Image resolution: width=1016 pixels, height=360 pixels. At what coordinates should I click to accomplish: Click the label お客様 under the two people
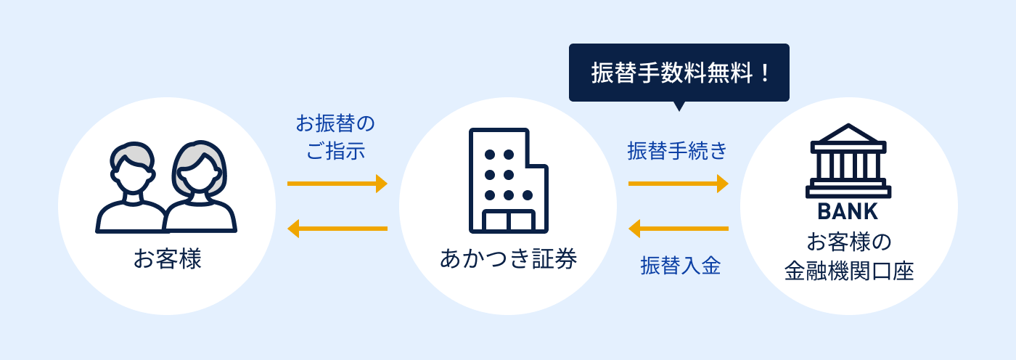pyautogui.click(x=167, y=259)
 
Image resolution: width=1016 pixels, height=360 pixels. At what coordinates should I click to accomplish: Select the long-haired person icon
pyautogui.click(x=200, y=187)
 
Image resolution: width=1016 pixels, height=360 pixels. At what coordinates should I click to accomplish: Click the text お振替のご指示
pyautogui.click(x=335, y=137)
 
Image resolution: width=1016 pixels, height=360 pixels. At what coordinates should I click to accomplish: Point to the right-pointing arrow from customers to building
pyautogui.click(x=337, y=184)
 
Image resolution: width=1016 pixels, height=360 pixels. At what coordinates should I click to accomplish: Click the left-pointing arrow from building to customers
pyautogui.click(x=337, y=229)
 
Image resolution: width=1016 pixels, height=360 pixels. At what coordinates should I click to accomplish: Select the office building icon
pyautogui.click(x=509, y=181)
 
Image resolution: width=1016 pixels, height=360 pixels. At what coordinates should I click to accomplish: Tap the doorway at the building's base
pyautogui.click(x=509, y=221)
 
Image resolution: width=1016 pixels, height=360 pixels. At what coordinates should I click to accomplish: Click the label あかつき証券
pyautogui.click(x=509, y=259)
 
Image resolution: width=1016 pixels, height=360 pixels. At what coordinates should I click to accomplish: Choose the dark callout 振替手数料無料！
pyautogui.click(x=679, y=73)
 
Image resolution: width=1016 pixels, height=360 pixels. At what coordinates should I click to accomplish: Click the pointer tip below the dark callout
pyautogui.click(x=679, y=110)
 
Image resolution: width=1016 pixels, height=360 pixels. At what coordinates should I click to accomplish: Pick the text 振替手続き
pyautogui.click(x=677, y=151)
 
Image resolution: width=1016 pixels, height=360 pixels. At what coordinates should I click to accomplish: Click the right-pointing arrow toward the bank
pyautogui.click(x=678, y=184)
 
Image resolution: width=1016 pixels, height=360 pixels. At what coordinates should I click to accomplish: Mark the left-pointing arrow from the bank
pyautogui.click(x=678, y=229)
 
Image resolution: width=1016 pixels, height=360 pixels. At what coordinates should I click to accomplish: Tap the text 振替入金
pyautogui.click(x=681, y=266)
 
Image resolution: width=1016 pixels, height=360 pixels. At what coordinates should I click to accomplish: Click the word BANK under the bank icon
pyautogui.click(x=848, y=212)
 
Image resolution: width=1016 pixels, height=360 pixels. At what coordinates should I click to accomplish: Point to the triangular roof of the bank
pyautogui.click(x=848, y=134)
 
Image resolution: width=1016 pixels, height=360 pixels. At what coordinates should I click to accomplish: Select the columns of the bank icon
pyautogui.click(x=848, y=166)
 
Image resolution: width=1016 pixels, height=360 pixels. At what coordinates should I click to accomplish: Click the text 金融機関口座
pyautogui.click(x=848, y=271)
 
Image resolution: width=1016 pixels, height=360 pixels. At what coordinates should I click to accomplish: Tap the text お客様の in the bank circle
pyautogui.click(x=848, y=242)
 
